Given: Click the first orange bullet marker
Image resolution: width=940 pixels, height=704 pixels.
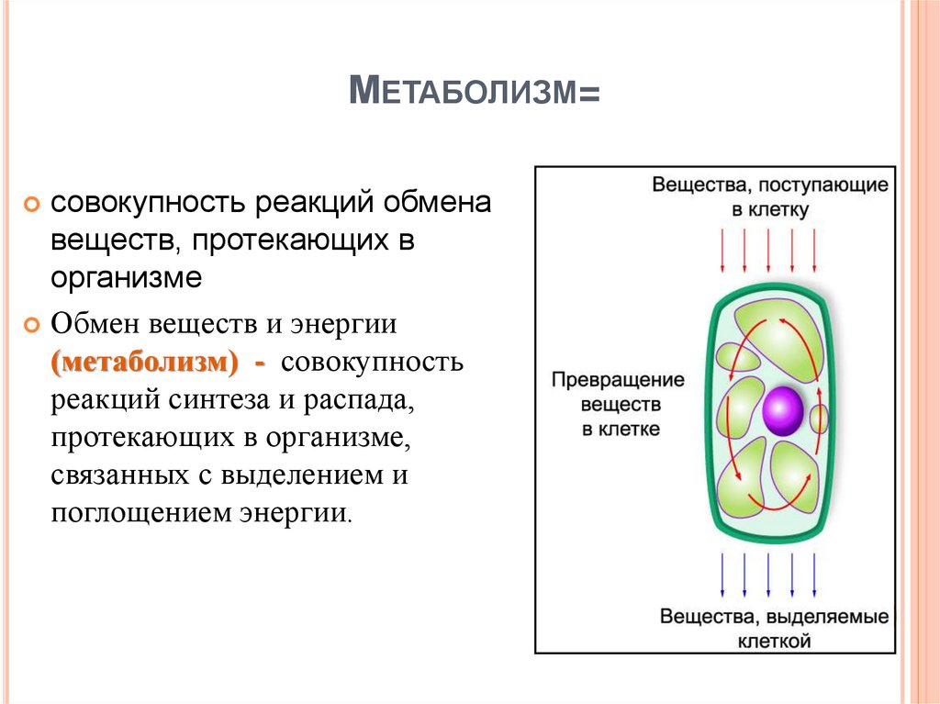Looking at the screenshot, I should [x=32, y=204].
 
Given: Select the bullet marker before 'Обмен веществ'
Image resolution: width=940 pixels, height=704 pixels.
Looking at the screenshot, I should [x=32, y=325].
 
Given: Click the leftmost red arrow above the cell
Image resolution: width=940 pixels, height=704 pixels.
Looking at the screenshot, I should [x=722, y=250].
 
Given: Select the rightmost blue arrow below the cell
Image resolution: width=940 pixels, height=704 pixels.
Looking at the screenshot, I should [x=813, y=576].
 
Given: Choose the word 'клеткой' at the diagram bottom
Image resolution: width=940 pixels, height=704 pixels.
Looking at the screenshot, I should [x=774, y=640].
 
